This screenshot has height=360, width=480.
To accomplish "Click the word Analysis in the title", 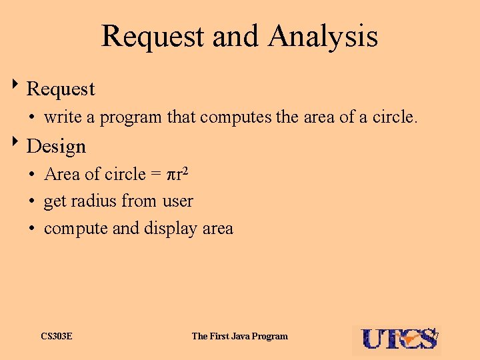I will tap(323, 36).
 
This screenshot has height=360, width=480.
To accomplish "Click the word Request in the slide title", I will tap(153, 36).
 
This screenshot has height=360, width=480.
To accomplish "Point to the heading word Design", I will tap(57, 146).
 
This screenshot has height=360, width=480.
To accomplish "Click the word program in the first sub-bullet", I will tap(131, 118).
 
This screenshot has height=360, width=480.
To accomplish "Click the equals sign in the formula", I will tap(155, 175).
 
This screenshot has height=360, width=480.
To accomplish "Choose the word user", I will tap(177, 201).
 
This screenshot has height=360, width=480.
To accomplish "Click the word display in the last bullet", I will tap(169, 229).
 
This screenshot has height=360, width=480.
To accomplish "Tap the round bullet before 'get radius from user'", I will tap(32, 201).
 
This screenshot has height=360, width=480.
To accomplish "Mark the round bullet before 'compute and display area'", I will tap(32, 229).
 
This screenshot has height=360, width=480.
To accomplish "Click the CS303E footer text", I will tap(57, 336).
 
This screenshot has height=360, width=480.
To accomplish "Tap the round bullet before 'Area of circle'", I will tap(32, 175).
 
